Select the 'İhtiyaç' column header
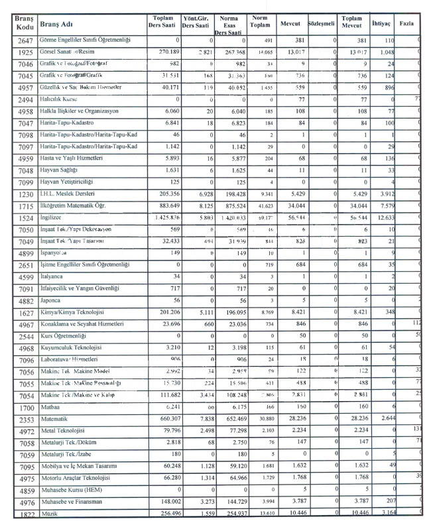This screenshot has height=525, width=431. (x=382, y=23)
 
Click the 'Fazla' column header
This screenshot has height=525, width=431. (x=407, y=23)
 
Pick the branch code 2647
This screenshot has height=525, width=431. (x=25, y=40)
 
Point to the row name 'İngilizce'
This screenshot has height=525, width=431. (x=52, y=217)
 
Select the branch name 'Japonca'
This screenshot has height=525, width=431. (x=52, y=300)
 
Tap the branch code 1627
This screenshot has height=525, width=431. (x=25, y=312)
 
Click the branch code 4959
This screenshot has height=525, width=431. (x=25, y=158)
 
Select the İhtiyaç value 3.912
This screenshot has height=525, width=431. (x=385, y=194)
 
